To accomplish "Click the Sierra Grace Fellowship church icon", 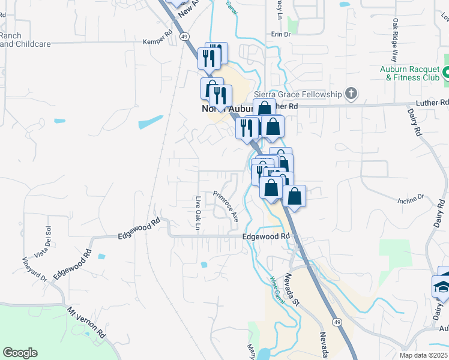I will click(x=351, y=94).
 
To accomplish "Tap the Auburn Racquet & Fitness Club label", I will click(x=409, y=73).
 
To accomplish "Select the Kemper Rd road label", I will click(x=157, y=41).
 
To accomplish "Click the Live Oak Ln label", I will click(x=197, y=213).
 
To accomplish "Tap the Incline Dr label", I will click(x=411, y=197).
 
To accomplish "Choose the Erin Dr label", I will click(x=280, y=35).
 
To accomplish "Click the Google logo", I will click(x=20, y=353).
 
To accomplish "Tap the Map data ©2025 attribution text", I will click(x=424, y=355).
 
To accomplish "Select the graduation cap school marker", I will click(x=442, y=288).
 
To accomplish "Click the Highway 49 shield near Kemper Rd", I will click(x=185, y=37).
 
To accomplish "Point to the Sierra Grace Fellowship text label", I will click(x=298, y=94).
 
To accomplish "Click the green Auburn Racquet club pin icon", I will click(x=446, y=74).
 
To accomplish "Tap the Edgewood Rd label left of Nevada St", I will click(x=266, y=236).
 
